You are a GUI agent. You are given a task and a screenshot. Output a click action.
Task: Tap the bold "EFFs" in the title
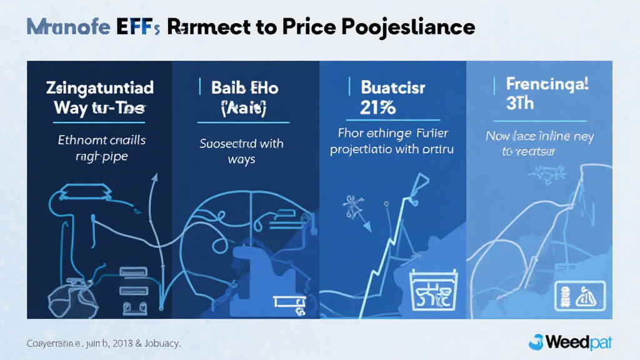pyautogui.click(x=137, y=27)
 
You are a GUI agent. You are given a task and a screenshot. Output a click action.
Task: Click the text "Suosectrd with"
pyautogui.click(x=241, y=143)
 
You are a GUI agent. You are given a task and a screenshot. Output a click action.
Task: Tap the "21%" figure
pyautogui.click(x=378, y=107)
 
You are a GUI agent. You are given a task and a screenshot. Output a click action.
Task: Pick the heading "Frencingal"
pyautogui.click(x=547, y=84)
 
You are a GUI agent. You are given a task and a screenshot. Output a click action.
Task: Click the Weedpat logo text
pyautogui.click(x=578, y=342)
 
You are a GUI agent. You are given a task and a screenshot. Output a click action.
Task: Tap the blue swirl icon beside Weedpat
pyautogui.click(x=536, y=342)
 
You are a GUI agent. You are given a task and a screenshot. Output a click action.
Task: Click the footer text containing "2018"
pyautogui.click(x=103, y=344)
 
